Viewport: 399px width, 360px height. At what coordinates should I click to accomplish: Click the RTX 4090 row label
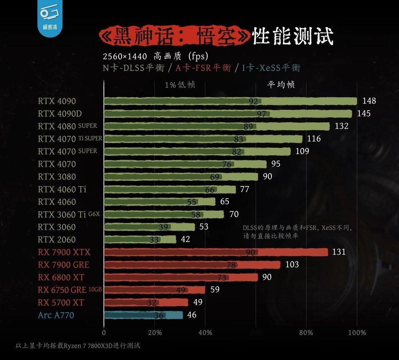click(x=57, y=101)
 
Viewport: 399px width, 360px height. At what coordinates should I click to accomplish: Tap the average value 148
click(x=369, y=101)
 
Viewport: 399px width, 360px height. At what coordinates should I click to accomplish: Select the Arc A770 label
click(x=56, y=315)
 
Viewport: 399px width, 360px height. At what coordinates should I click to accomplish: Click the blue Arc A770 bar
click(x=143, y=315)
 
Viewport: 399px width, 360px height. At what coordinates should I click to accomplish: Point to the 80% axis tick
click(x=306, y=332)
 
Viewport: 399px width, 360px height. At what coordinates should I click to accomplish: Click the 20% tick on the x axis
click(x=155, y=332)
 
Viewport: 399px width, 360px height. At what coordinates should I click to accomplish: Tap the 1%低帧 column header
click(x=180, y=85)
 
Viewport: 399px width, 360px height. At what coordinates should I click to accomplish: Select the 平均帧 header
click(x=281, y=85)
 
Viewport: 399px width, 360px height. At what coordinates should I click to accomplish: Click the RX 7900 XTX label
click(x=64, y=252)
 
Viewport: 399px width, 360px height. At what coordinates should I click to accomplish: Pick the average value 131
click(x=339, y=252)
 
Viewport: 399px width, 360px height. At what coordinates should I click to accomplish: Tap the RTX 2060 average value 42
click(x=185, y=239)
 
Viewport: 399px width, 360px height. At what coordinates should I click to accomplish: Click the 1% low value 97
click(x=261, y=114)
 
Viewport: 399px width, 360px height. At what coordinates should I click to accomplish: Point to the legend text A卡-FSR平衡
click(x=203, y=68)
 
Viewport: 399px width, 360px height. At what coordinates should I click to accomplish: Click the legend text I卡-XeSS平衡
click(x=271, y=68)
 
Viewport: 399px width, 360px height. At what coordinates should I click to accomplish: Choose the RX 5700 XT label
click(x=61, y=303)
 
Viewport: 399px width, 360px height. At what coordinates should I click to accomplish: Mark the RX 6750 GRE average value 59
click(x=215, y=289)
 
